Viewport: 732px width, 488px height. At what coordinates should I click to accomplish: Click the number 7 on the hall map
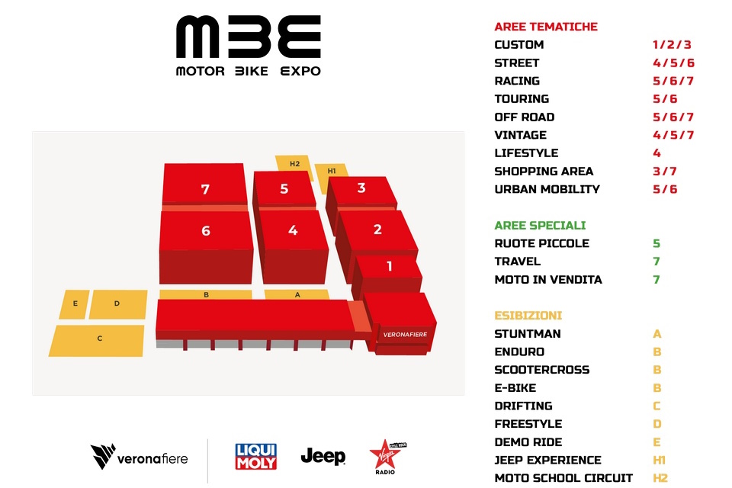click(205, 189)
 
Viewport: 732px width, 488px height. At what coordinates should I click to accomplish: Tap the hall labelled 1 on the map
click(388, 273)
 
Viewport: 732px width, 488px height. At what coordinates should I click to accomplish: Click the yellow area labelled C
click(97, 340)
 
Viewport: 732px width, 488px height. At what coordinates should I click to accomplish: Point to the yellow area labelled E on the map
click(75, 304)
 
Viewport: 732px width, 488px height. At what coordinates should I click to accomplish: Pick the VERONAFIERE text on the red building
click(405, 335)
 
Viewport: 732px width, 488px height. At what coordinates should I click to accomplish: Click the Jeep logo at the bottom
click(323, 456)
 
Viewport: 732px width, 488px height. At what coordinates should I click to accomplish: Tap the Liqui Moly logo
click(256, 456)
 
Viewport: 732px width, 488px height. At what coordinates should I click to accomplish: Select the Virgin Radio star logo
click(387, 457)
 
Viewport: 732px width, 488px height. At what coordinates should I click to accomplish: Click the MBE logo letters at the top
click(249, 37)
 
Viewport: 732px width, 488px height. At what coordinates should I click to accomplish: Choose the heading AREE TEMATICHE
click(546, 27)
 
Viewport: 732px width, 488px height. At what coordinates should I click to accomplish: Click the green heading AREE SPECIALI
click(540, 226)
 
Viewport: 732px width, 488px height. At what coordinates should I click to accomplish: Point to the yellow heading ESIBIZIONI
click(528, 316)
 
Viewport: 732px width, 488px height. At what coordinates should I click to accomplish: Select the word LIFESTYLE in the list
click(526, 153)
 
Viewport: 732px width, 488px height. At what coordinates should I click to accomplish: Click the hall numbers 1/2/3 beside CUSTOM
click(672, 45)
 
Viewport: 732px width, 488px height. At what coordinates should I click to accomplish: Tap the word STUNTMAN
click(528, 334)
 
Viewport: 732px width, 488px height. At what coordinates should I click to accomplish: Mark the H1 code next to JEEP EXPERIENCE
click(659, 461)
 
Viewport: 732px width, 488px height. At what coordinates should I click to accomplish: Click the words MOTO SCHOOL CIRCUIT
click(563, 478)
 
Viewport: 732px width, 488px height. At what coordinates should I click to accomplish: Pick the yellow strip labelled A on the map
click(297, 294)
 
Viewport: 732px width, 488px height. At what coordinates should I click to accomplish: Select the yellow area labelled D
click(117, 304)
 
